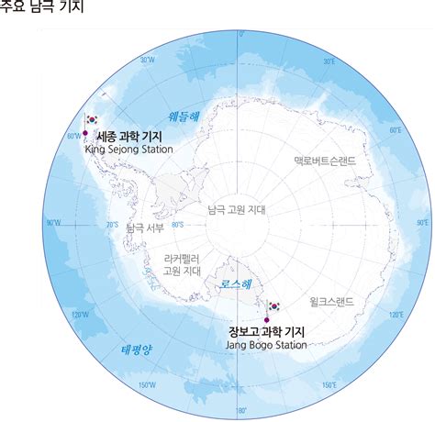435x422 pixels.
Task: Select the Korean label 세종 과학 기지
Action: [x=130, y=135]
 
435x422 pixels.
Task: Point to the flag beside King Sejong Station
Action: [x=92, y=120]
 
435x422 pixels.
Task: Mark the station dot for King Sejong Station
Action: [x=85, y=132]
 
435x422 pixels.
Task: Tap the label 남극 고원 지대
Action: [x=237, y=208]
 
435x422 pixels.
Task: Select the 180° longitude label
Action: [x=241, y=410]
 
